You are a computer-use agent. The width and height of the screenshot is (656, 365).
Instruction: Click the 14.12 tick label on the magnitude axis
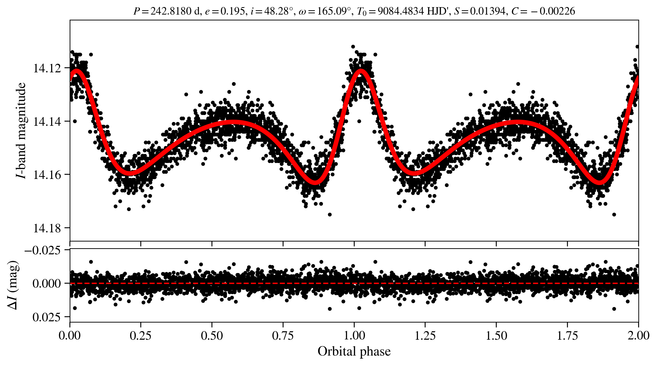(47, 68)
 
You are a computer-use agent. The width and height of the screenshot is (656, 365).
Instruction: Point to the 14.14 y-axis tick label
(47, 121)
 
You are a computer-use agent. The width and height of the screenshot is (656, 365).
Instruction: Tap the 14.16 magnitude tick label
(47, 175)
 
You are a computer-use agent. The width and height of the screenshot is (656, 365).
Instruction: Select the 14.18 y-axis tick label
(47, 228)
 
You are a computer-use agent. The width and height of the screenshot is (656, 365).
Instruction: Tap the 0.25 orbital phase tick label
(141, 336)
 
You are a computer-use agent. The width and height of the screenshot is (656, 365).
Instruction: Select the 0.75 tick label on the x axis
(283, 336)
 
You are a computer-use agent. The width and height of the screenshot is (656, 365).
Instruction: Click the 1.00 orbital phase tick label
(354, 336)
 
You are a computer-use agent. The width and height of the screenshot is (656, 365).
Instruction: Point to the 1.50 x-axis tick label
(496, 336)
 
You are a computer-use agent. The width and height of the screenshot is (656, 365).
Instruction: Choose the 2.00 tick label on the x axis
(638, 336)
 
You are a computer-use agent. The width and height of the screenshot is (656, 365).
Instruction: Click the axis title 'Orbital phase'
(354, 351)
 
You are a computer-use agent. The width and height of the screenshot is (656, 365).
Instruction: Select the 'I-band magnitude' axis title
(21, 130)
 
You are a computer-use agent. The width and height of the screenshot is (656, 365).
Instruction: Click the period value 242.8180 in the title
(171, 11)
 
